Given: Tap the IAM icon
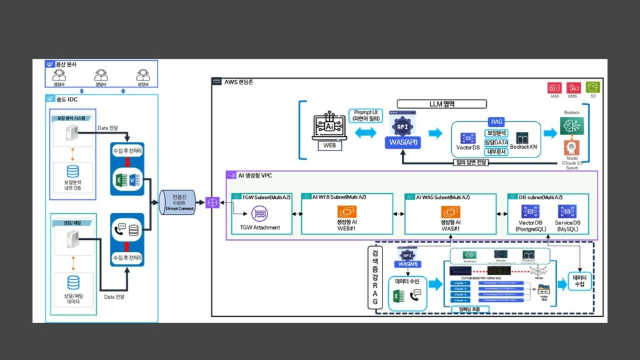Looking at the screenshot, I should (554, 87).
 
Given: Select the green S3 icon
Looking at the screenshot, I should (592, 87).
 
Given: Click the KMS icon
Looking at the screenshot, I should (572, 87).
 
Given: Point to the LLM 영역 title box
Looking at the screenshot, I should (442, 104).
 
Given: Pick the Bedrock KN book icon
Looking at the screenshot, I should (522, 138).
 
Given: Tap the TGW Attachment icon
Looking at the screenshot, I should (259, 213).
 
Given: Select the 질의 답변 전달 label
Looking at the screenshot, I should (476, 162).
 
